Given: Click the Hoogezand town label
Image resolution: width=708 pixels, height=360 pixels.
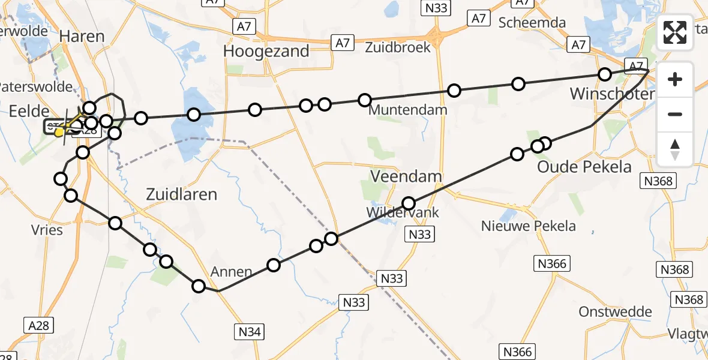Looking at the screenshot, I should (x=266, y=51).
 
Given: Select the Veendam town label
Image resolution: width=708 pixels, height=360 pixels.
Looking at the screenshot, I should (x=406, y=176).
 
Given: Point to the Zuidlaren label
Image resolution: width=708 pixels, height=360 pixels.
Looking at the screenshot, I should (x=182, y=194).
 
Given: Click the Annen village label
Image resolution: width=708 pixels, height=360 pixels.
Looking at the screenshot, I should (x=231, y=272).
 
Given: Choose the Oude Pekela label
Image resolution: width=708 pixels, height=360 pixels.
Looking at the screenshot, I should (x=584, y=166).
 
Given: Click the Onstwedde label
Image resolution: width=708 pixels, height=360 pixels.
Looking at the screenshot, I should (x=615, y=312).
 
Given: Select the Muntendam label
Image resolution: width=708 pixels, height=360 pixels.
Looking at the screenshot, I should (x=408, y=110).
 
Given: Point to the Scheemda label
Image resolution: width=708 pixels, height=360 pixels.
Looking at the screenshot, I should (x=532, y=22).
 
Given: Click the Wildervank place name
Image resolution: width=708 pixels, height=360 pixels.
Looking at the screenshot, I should (x=404, y=212).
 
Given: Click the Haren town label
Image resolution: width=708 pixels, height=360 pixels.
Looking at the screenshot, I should (x=82, y=37).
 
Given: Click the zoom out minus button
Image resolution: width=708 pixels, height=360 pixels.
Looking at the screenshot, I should (x=675, y=114).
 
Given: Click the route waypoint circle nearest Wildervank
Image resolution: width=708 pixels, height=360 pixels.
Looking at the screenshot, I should (x=409, y=203).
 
